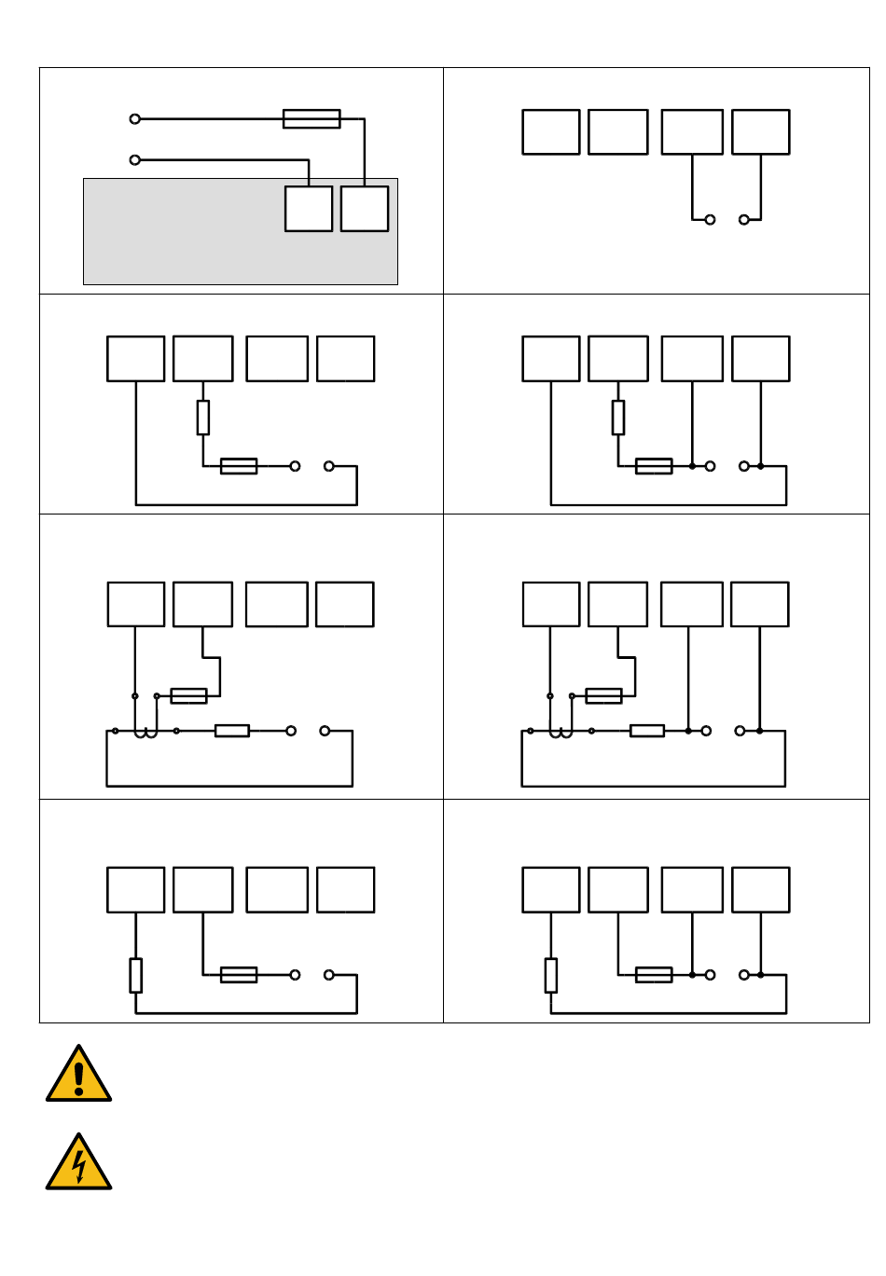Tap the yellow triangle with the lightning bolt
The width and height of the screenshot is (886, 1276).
78,1164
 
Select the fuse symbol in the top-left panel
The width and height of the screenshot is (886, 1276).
311,119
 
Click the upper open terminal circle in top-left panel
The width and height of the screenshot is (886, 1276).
135,119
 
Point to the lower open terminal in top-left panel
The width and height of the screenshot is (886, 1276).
135,160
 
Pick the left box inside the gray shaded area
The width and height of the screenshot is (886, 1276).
309,209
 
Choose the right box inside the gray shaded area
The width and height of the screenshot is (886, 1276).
365,209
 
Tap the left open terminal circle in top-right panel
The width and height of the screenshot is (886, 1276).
710,220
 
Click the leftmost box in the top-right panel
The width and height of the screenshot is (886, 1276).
551,132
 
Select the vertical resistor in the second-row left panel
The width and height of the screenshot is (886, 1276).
203,418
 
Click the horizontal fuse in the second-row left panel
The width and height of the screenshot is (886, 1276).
239,466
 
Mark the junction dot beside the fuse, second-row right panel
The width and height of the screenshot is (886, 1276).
692,466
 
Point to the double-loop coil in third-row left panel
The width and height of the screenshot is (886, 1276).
145,734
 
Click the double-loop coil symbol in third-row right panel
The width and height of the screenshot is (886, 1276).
561,734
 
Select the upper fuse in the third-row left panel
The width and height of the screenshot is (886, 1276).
189,696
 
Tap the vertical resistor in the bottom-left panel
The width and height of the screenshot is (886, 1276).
136,975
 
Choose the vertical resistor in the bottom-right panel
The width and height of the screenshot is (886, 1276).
551,975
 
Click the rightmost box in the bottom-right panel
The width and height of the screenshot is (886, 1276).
761,890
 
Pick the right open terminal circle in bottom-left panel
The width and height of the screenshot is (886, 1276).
329,975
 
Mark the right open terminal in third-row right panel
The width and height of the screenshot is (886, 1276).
740,731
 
